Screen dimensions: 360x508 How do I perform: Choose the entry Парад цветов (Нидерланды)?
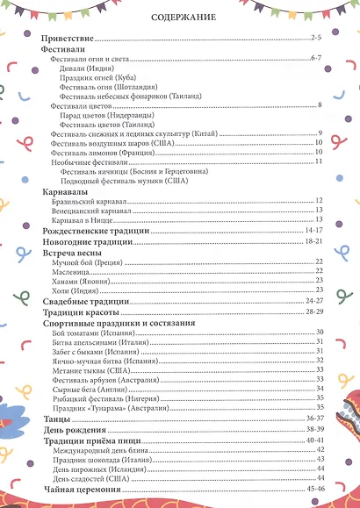(x=110, y=115)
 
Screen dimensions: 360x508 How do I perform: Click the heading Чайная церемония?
(x=82, y=490)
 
